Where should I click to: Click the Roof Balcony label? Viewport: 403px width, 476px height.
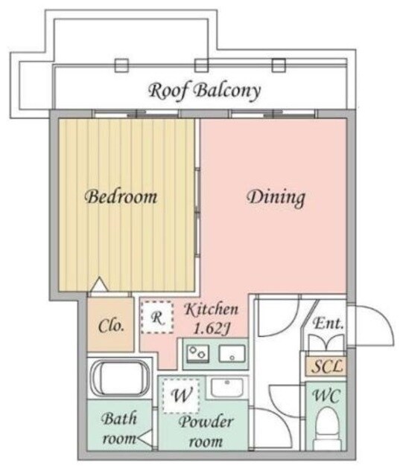click(204, 91)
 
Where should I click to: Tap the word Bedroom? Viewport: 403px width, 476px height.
click(121, 196)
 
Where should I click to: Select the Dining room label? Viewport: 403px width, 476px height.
click(276, 198)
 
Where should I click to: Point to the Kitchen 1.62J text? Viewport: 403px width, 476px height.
click(212, 318)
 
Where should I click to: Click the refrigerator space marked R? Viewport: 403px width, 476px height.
click(157, 318)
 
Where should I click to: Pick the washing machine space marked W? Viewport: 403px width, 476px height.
click(181, 395)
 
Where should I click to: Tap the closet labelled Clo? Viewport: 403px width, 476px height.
click(111, 325)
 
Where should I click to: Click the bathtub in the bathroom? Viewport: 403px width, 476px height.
click(121, 378)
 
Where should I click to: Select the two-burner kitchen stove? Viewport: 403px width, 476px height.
click(198, 354)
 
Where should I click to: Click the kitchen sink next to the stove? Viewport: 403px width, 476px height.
click(232, 353)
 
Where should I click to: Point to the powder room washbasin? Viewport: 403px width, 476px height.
click(227, 387)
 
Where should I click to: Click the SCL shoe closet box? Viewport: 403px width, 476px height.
click(326, 366)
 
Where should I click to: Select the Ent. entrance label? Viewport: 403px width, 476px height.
click(329, 324)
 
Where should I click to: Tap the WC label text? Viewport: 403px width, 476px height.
click(326, 396)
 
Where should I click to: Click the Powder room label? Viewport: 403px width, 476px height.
click(206, 431)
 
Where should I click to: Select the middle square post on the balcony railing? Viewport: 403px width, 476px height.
click(201, 65)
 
